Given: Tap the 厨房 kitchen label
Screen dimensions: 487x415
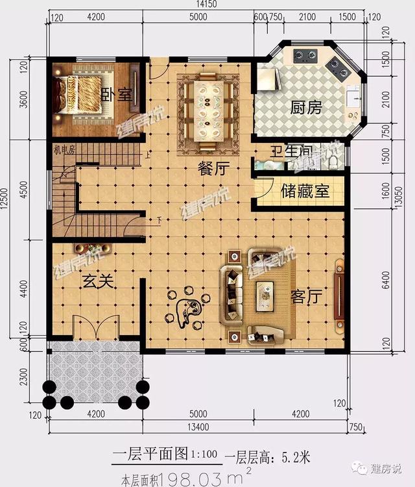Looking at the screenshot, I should click(305, 108).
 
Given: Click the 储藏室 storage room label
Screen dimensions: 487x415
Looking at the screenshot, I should click(305, 192).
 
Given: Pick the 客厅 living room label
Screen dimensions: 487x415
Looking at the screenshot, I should click(306, 297).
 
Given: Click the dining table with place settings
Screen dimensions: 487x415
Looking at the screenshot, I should click(208, 104).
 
